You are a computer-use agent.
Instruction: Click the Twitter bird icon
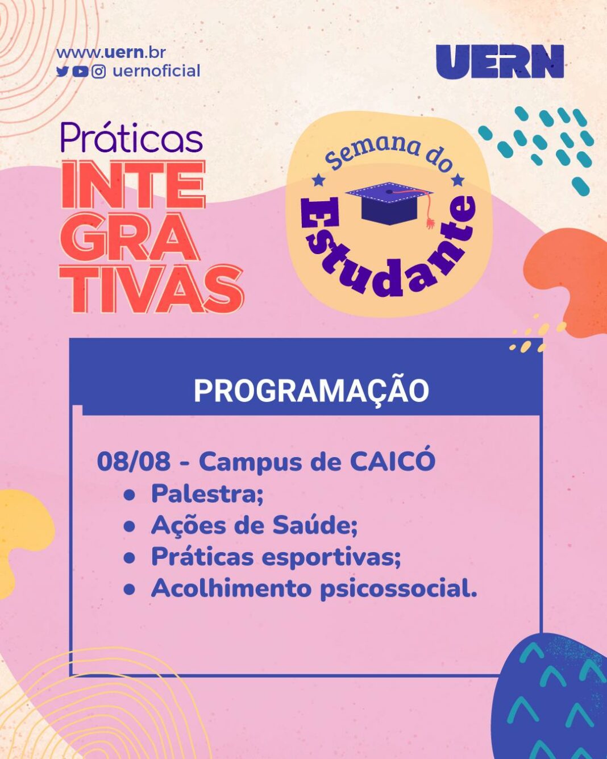[x=62, y=72]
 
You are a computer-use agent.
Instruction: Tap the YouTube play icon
[x=80, y=72]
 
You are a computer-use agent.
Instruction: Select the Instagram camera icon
[x=98, y=72]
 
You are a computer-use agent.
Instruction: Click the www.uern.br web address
[x=111, y=53]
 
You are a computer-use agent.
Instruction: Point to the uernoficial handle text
[x=157, y=71]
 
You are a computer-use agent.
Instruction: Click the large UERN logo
[x=500, y=61]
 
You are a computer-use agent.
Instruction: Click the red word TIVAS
[x=152, y=289]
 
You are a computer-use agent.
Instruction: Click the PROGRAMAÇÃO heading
[x=311, y=391]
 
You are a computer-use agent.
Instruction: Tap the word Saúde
[x=315, y=525]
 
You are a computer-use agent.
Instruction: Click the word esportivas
[x=332, y=558]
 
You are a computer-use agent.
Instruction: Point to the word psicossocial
[x=398, y=590]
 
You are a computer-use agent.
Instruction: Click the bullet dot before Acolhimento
[x=130, y=590]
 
